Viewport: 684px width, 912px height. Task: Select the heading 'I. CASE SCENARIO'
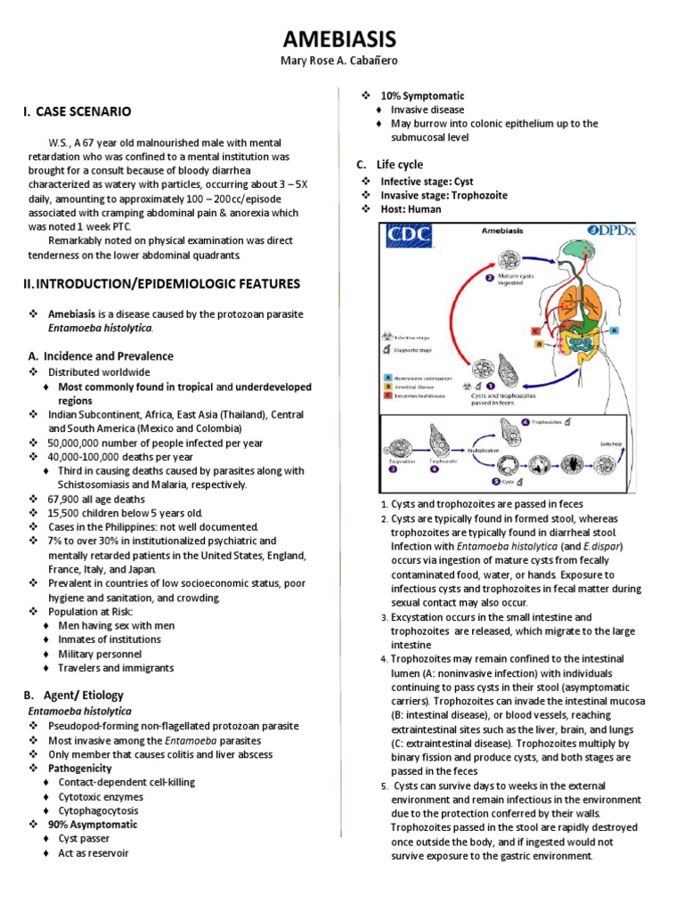pos(77,111)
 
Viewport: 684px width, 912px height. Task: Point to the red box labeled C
pos(536,330)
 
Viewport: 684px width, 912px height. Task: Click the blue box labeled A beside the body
pos(615,329)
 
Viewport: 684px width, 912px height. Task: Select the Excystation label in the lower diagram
pos(401,462)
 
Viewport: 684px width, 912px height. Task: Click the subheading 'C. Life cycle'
pos(388,165)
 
